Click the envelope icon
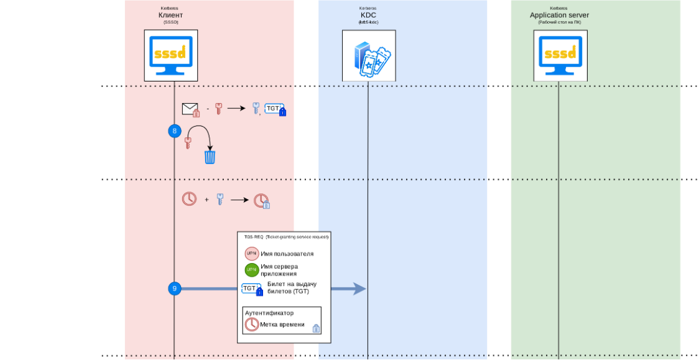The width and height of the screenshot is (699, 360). point(190,109)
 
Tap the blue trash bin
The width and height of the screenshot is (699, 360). point(210,156)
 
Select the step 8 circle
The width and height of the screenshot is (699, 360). point(174,131)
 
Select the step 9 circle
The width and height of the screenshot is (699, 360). point(174,288)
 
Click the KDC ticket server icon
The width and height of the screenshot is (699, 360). point(368,58)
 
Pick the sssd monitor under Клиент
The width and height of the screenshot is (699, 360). point(171,57)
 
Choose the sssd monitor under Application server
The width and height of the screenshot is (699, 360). point(560,57)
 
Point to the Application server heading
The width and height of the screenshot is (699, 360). point(559,15)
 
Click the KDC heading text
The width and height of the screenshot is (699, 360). point(368,15)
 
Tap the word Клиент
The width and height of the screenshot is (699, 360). point(171,15)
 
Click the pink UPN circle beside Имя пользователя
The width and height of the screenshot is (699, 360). point(252,253)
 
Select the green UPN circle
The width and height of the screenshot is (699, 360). point(252,270)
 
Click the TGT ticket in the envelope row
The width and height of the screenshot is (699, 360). point(274,109)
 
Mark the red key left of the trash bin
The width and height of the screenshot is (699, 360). point(187,144)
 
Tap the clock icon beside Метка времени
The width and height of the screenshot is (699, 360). point(252,324)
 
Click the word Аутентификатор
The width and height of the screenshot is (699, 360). point(269,313)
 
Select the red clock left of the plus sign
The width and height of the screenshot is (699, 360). point(188,200)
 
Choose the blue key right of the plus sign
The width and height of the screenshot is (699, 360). point(219,200)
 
